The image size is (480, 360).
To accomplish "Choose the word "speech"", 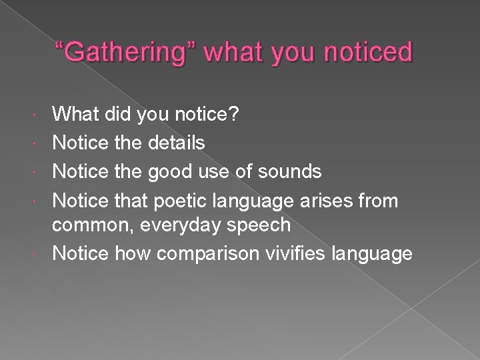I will point(261,226).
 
